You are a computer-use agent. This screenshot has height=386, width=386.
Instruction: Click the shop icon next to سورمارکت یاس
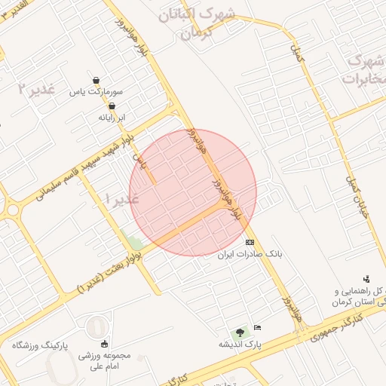click(x=96, y=80)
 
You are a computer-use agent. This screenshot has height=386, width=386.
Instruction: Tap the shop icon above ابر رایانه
click(x=112, y=106)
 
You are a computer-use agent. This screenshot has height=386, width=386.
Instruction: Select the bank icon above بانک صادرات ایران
click(x=250, y=242)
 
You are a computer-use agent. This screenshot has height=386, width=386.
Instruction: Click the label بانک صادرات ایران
click(x=250, y=255)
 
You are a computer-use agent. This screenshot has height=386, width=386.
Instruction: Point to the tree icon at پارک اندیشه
click(x=240, y=331)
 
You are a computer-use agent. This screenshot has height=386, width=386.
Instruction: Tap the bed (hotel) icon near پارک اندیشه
click(x=258, y=327)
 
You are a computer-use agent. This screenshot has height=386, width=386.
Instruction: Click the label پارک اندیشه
click(x=240, y=344)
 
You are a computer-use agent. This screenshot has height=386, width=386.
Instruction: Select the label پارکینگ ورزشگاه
click(x=39, y=345)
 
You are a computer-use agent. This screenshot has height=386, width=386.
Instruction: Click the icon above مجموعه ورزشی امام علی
click(x=105, y=344)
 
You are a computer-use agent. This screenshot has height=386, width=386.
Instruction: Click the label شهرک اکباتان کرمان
click(x=198, y=23)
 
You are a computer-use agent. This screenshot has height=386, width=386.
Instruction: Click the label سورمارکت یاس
click(x=96, y=93)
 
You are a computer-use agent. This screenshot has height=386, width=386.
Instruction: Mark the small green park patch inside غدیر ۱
click(x=135, y=244)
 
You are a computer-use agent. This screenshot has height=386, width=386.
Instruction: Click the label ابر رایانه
click(x=112, y=118)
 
